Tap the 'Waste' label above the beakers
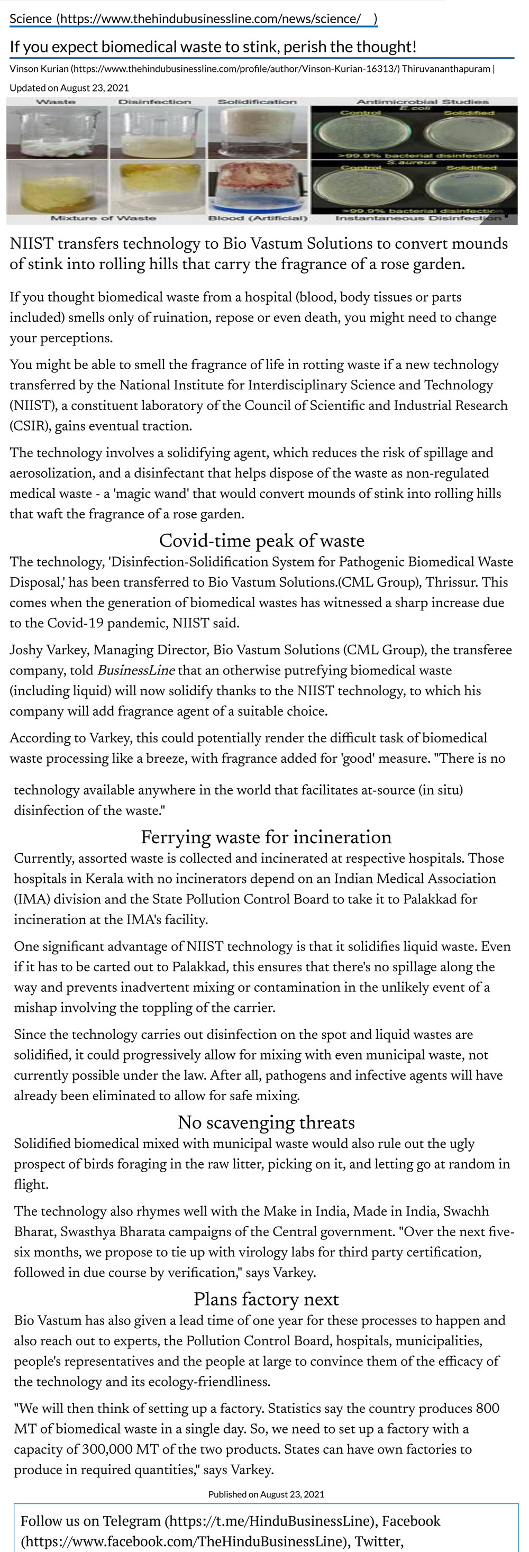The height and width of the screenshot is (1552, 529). click(56, 101)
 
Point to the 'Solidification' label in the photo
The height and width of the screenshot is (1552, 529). click(257, 102)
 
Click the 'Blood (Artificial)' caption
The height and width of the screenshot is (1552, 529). click(257, 218)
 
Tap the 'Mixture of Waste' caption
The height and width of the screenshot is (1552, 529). click(103, 218)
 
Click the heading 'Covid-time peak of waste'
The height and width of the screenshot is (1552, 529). click(261, 541)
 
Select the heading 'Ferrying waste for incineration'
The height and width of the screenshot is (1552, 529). click(266, 837)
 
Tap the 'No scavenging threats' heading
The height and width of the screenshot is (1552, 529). click(266, 1122)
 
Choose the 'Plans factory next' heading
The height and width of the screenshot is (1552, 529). click(266, 1299)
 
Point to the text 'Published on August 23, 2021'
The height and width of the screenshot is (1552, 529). click(266, 1494)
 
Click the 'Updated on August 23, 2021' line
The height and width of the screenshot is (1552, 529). click(69, 88)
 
